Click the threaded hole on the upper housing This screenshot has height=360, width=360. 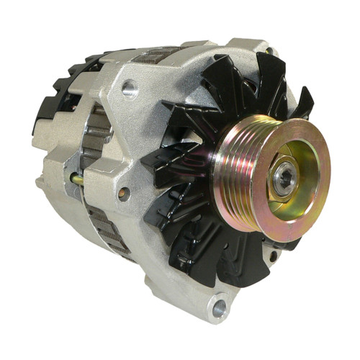[130, 89]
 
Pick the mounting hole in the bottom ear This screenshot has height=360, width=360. [219, 308]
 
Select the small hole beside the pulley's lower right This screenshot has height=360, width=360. [274, 255]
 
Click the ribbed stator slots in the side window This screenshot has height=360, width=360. [94, 144]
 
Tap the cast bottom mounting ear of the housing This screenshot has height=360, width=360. [213, 302]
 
